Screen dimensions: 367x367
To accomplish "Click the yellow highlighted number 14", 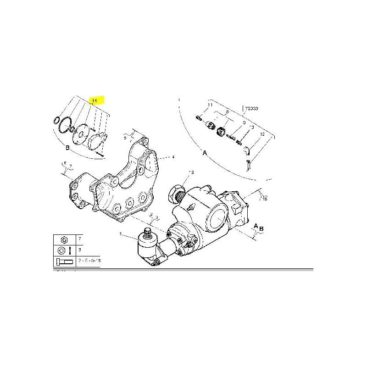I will coord(95,100).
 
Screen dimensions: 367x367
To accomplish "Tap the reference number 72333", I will coord(251,109).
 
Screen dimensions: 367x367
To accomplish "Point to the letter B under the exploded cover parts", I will coord(67,148).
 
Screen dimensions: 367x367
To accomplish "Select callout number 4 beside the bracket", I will coord(173,157).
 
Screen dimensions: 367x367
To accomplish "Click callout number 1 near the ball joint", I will coord(121,234).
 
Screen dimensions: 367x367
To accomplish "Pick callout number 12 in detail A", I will coord(262,134).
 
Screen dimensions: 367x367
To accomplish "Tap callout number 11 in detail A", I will coord(211,106).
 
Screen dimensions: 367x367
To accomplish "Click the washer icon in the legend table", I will coord(61,250).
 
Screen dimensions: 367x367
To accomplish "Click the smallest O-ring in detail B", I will coord(56,121).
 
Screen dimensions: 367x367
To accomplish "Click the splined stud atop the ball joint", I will coord(148,233).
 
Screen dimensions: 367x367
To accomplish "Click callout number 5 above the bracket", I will coord(125,137).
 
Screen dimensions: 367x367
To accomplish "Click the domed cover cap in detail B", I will coord(96,141).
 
